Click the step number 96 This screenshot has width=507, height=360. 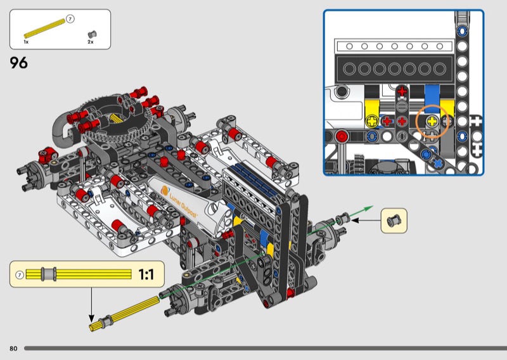18,62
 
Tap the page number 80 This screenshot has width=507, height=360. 13,349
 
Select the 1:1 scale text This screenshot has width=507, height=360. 146,274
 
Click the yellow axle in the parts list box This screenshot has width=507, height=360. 44,29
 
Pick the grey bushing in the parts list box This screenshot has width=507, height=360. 92,34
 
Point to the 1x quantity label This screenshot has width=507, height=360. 26,42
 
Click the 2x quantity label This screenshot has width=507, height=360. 91,42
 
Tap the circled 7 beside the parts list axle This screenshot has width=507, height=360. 70,19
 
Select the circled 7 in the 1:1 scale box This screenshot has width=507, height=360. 20,275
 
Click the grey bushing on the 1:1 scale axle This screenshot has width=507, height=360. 49,274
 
